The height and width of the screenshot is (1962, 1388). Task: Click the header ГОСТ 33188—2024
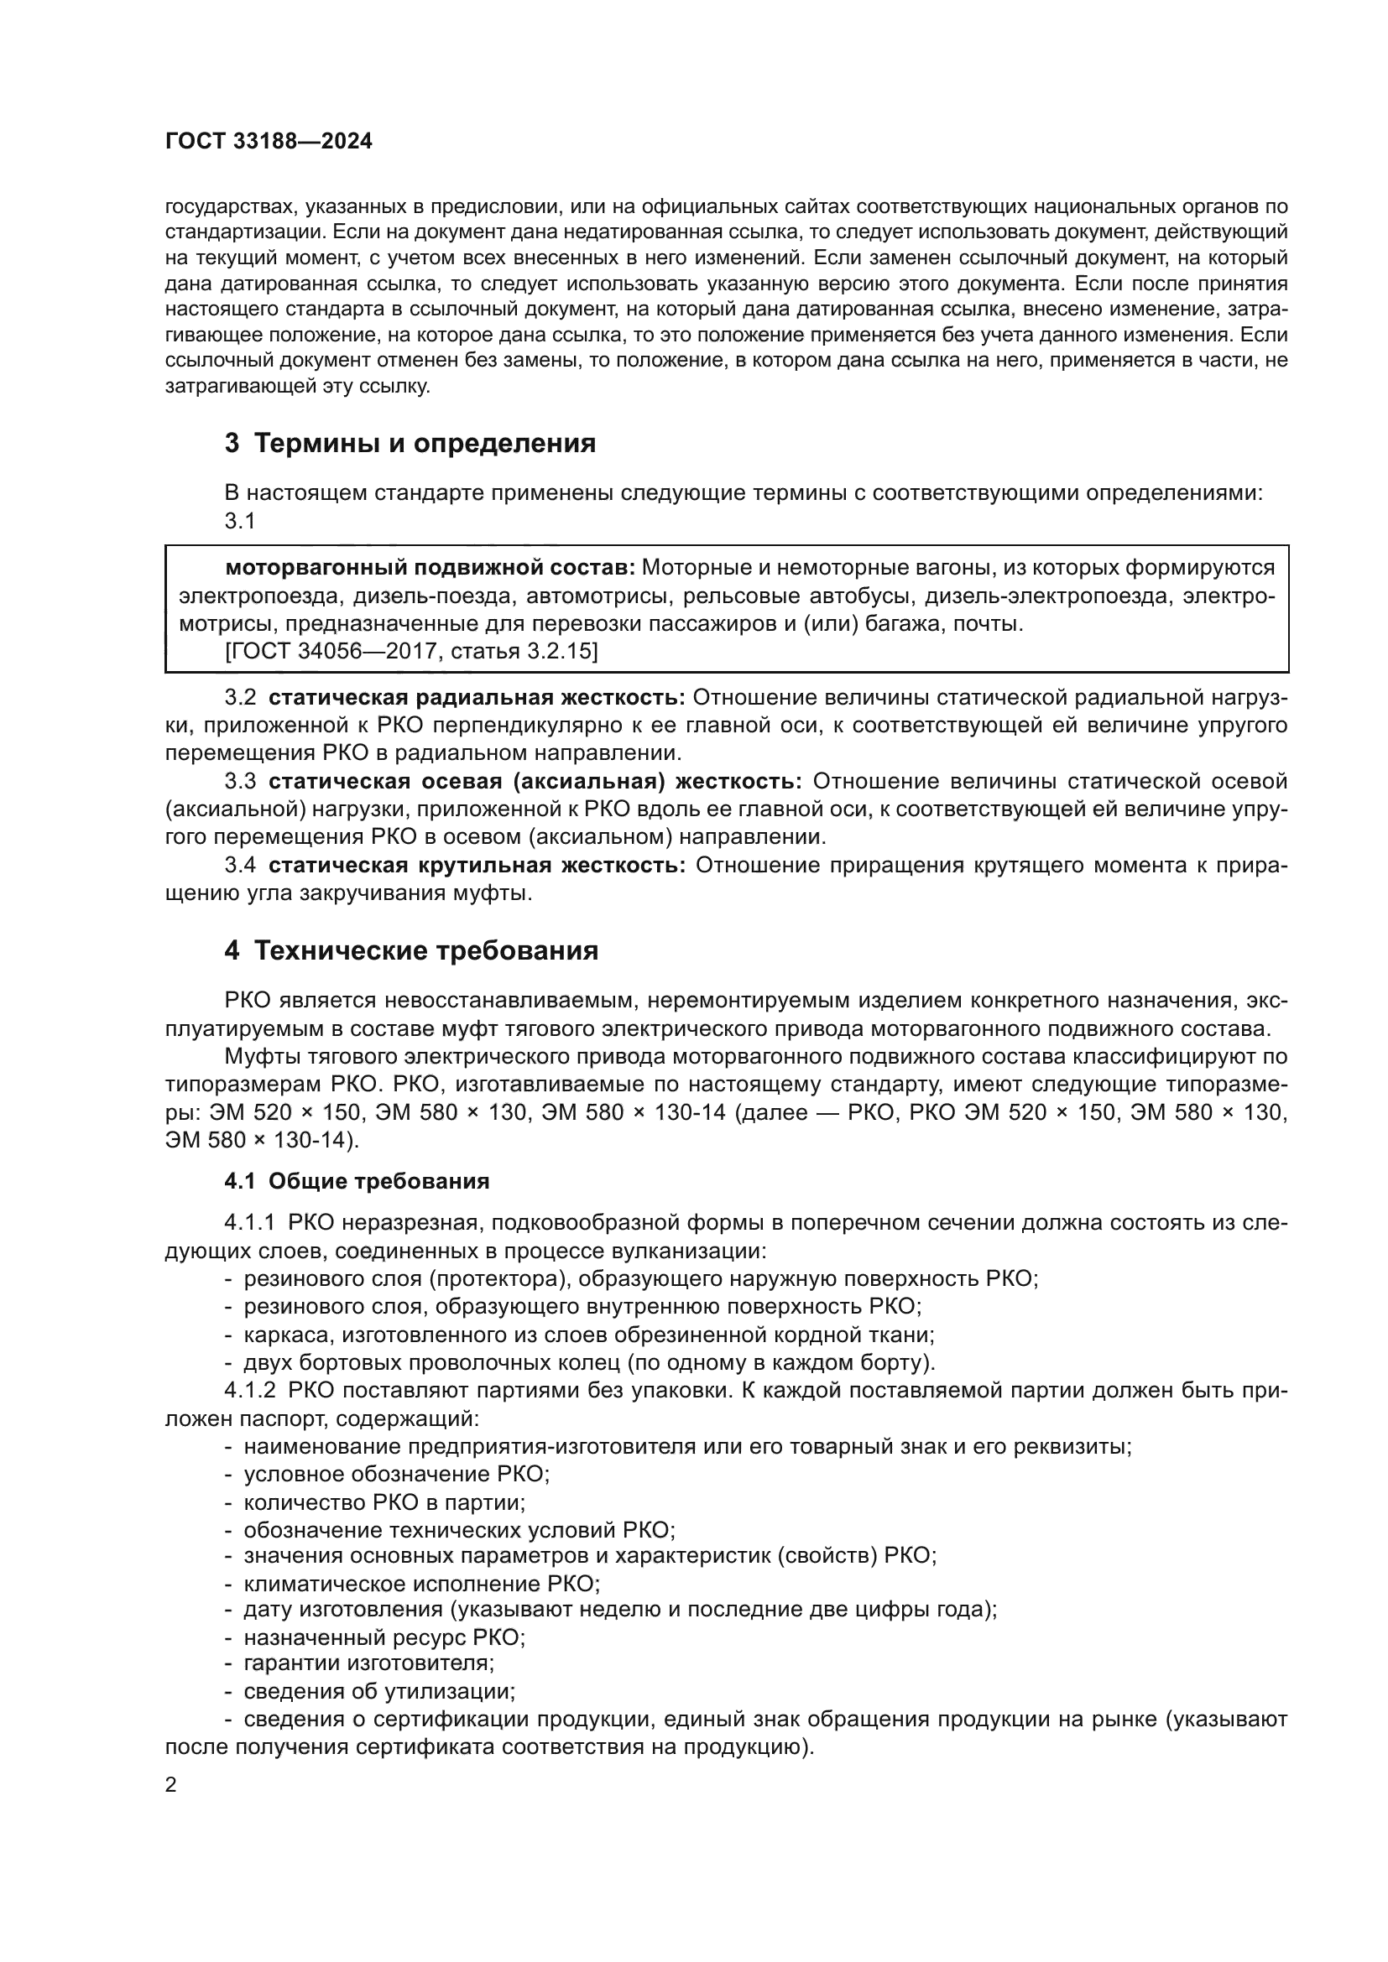[x=269, y=142]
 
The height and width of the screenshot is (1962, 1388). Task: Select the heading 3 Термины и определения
[x=410, y=444]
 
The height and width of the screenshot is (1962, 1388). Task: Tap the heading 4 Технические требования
[x=411, y=951]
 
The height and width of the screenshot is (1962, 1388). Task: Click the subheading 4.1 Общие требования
[x=357, y=1181]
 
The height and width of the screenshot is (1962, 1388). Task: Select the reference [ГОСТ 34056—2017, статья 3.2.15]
[x=411, y=651]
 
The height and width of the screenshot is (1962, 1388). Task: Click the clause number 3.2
[x=240, y=698]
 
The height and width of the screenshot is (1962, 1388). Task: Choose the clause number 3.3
[x=240, y=782]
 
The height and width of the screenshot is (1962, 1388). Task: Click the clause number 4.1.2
[x=249, y=1390]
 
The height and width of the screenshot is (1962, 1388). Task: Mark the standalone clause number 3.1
[x=240, y=520]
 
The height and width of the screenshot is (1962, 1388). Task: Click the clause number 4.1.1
[x=249, y=1223]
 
